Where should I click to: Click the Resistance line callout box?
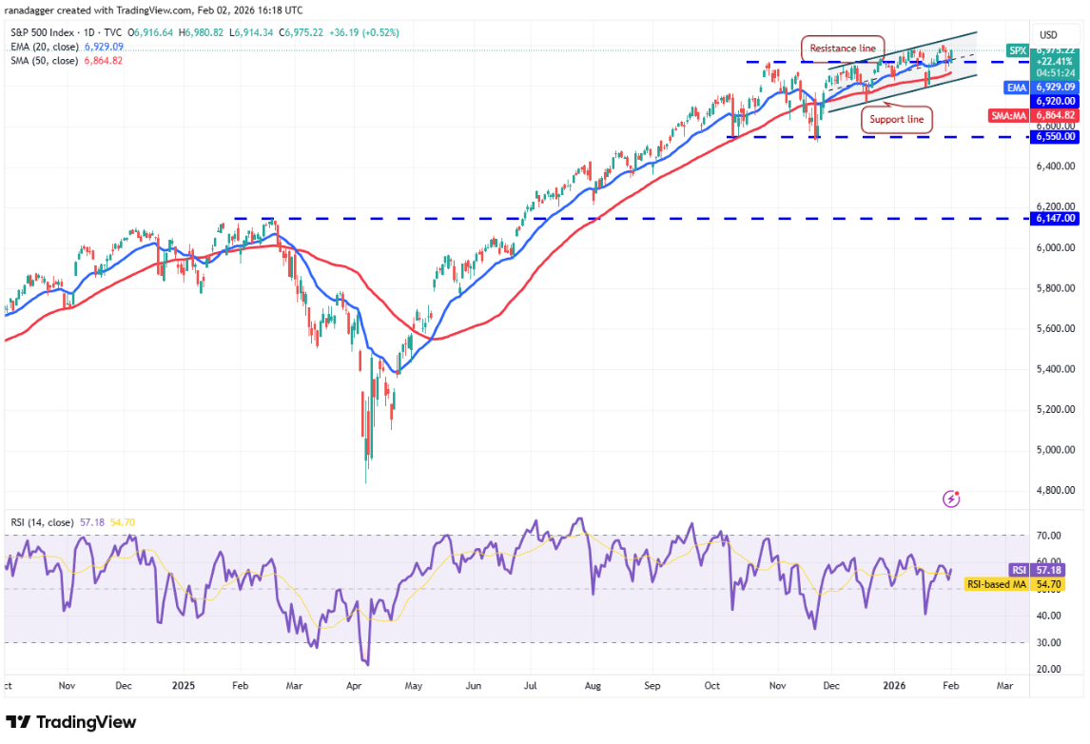(x=843, y=48)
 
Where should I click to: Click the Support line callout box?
(x=897, y=119)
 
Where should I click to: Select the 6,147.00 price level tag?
(x=1057, y=218)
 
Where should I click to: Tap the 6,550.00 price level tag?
(x=1057, y=136)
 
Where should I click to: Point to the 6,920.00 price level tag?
(x=1057, y=100)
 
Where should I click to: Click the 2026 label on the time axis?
(x=892, y=685)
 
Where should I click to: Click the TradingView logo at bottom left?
(x=70, y=722)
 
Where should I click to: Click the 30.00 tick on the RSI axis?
(x=1051, y=642)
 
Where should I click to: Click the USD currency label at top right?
(x=1049, y=34)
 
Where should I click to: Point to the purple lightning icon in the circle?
(x=950, y=499)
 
